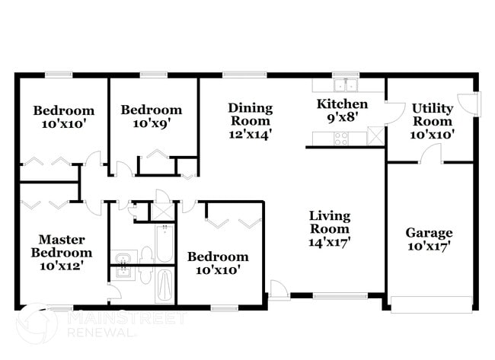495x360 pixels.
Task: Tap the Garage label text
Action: [429, 233]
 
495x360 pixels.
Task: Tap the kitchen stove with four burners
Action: [340, 138]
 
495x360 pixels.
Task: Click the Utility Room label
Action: [432, 115]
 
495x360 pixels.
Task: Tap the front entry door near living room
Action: [279, 291]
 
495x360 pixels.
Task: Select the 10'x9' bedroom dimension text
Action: [151, 123]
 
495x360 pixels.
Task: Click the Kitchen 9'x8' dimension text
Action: [342, 117]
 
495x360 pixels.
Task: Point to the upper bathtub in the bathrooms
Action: [164, 243]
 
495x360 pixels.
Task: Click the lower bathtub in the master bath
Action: [164, 285]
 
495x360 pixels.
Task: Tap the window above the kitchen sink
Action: [346, 75]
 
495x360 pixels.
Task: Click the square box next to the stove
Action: [375, 138]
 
